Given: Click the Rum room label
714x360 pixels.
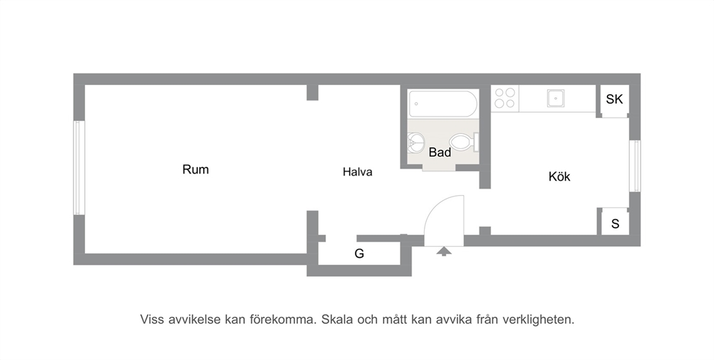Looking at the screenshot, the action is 195,169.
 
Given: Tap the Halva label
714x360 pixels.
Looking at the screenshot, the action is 358,172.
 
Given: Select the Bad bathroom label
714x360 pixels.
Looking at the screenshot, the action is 440,152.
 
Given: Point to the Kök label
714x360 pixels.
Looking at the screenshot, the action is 559,176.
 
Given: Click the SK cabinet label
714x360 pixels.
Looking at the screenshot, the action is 614,99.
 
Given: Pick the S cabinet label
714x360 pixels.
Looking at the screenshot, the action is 615,224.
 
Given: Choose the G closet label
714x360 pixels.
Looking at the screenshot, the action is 359,254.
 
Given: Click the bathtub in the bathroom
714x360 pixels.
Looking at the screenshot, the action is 443,104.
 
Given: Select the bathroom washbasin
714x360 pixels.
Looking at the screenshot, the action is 415,143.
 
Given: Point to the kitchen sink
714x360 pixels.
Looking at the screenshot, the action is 556,98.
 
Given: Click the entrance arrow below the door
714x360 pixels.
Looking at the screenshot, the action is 443,251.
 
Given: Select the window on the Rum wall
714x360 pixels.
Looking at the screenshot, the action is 78,168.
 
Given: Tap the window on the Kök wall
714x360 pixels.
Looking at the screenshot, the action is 635,166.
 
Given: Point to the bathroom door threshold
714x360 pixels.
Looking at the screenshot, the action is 439,168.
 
